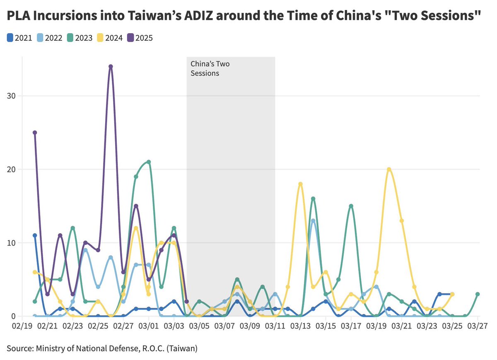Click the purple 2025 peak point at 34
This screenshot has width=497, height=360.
click(111, 66)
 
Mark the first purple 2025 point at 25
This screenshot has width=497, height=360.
click(35, 133)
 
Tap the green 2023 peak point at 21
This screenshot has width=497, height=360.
click(148, 162)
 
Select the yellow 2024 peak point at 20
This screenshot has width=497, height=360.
click(389, 169)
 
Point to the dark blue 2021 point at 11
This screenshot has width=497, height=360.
click(35, 235)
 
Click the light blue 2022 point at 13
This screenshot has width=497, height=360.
click(313, 221)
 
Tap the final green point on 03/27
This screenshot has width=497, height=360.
click(478, 294)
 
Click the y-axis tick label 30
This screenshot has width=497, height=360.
click(13, 96)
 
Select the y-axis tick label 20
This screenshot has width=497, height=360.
click(13, 169)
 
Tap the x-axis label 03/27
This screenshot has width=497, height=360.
click(477, 326)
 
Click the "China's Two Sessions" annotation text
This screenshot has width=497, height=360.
click(210, 69)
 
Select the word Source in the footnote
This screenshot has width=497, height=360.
click(19, 348)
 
